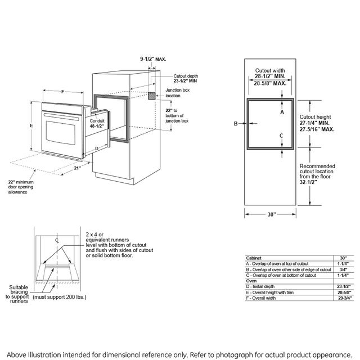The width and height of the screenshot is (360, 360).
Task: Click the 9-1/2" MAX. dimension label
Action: [153, 58]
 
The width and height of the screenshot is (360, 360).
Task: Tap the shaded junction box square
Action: [152, 96]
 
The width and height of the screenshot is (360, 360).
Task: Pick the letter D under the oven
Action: [97, 148]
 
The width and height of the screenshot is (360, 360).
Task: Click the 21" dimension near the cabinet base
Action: [77, 168]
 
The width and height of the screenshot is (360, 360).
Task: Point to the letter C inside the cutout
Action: [281, 136]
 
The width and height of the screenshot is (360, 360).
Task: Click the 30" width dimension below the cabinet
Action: [272, 214]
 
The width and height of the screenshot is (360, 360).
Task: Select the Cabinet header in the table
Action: [254, 258]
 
